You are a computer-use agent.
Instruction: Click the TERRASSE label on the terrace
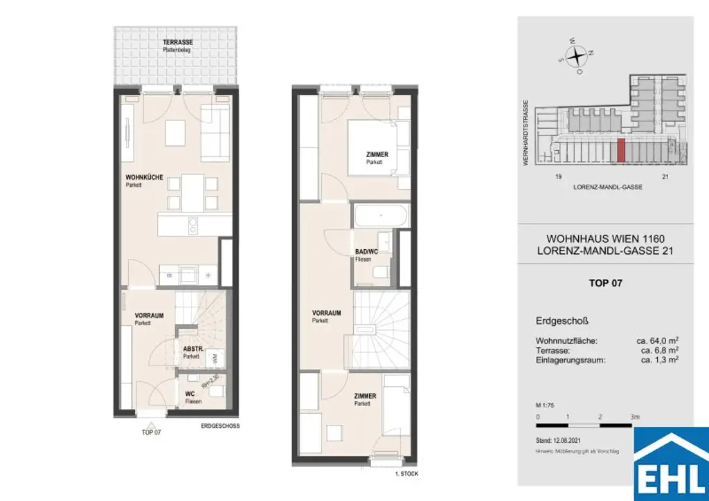(x=158, y=42)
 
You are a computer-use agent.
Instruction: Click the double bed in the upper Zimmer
(x=377, y=145)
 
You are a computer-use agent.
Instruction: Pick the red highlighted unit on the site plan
(x=620, y=151)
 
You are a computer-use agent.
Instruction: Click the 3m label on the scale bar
(x=635, y=417)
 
